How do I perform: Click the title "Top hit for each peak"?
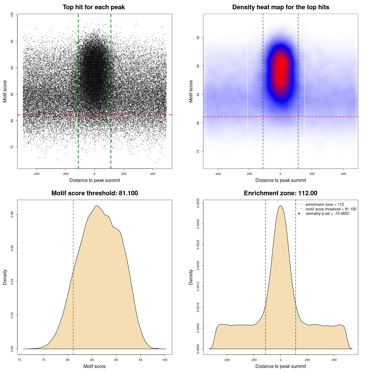(94, 7)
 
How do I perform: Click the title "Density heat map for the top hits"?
(280, 7)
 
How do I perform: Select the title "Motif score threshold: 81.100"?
(94, 193)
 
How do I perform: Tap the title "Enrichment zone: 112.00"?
(280, 193)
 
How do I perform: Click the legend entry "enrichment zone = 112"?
(325, 205)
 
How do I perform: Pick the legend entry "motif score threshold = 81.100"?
(331, 209)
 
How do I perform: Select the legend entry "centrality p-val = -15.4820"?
(327, 214)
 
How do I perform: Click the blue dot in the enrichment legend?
(299, 214)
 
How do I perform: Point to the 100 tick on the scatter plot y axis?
(12, 15)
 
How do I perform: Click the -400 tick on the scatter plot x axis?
(36, 174)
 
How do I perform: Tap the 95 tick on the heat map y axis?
(198, 37)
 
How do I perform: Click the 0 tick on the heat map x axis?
(280, 174)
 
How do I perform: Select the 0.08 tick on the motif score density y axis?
(12, 214)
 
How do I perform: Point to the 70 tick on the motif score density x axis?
(19, 360)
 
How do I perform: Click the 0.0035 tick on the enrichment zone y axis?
(198, 201)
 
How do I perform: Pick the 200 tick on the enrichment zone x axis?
(307, 360)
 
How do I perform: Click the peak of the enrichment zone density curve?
(280, 206)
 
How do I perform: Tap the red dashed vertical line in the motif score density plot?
(73, 276)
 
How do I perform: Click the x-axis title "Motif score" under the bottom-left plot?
(94, 366)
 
